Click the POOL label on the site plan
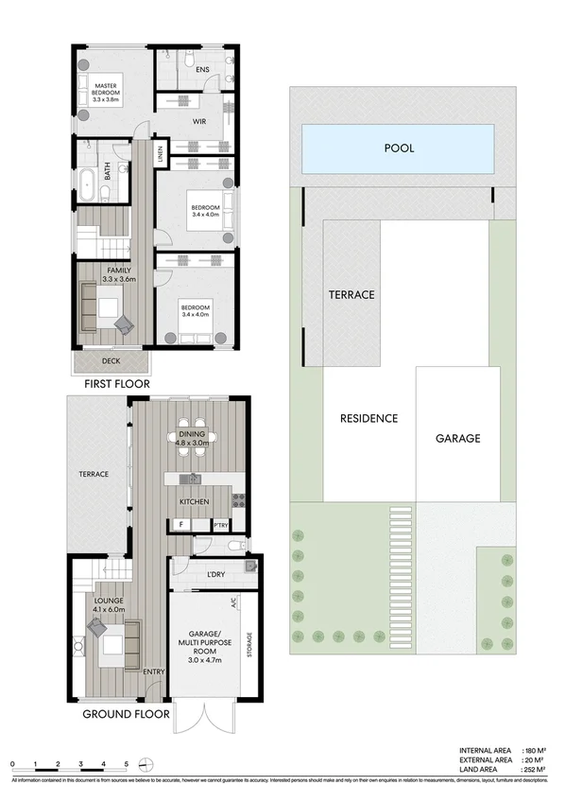click(399, 148)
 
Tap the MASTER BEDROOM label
click(107, 93)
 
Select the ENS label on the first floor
click(202, 70)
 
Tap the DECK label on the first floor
click(111, 359)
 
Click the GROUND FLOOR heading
click(126, 714)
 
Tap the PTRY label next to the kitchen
click(220, 525)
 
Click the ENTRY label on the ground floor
click(154, 672)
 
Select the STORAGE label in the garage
click(249, 649)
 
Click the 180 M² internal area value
click(532, 748)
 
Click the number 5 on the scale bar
click(127, 763)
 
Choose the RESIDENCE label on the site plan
click(369, 418)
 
